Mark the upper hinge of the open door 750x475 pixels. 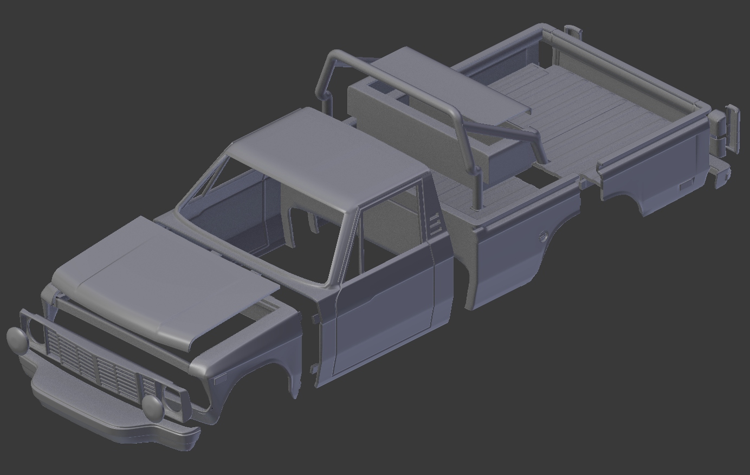[x=314, y=318]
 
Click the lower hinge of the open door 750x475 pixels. [x=313, y=370]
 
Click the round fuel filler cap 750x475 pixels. [x=542, y=236]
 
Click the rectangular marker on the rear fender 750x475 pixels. [x=686, y=185]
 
